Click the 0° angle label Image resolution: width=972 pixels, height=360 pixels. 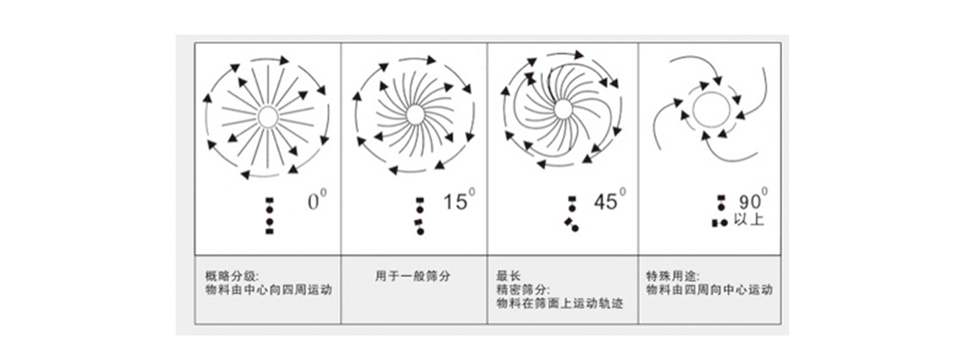[317, 202]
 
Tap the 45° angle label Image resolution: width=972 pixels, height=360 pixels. [609, 201]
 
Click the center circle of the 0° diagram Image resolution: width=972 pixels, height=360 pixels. [268, 117]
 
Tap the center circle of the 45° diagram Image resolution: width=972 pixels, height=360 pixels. [563, 109]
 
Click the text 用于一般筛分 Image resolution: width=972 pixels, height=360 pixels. [413, 276]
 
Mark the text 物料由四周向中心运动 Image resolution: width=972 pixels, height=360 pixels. [710, 289]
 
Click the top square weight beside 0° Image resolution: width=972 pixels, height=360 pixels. [269, 200]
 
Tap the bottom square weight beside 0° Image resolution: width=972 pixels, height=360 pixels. [269, 231]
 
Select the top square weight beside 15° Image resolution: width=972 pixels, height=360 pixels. [420, 200]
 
